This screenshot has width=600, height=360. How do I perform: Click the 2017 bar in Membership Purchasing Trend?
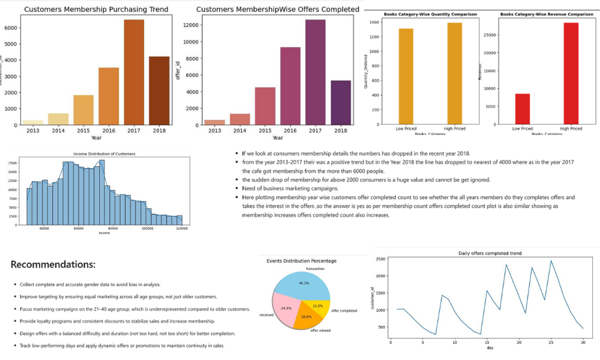click(134, 72)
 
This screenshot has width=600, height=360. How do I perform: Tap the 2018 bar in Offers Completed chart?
click(340, 103)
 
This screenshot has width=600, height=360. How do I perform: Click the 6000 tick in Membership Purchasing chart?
click(11, 28)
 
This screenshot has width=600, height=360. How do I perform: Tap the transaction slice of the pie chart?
click(303, 283)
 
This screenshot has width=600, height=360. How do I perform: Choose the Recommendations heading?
click(53, 265)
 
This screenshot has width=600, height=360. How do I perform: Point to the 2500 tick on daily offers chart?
click(380, 259)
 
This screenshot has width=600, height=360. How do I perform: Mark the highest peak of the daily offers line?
click(551, 260)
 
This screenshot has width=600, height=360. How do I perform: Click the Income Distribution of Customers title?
click(104, 154)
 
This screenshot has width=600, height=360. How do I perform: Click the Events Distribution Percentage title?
click(301, 261)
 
